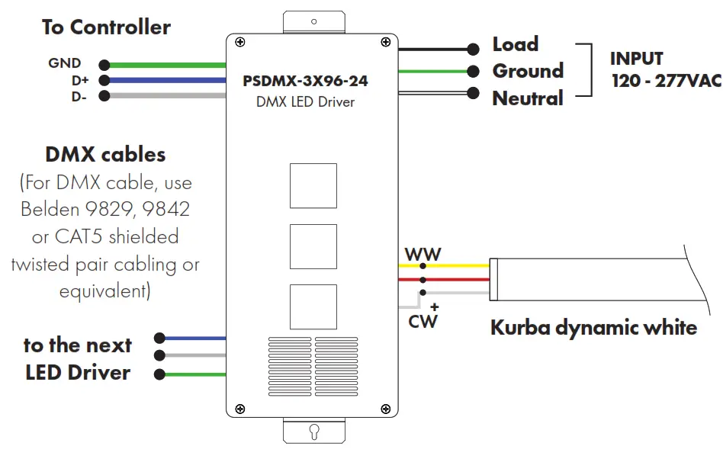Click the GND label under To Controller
point(64,64)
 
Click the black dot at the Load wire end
point(474,50)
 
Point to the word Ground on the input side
point(527,71)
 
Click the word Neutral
point(527,98)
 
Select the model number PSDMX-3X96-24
point(310,80)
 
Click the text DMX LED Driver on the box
point(305,101)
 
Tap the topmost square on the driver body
point(313,185)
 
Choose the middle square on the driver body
point(313,246)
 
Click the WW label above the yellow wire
point(423,255)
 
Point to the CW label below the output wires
point(423,321)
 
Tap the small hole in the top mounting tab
point(313,22)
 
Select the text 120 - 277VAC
point(666,81)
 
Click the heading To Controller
point(106,27)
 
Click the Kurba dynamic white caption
point(593,328)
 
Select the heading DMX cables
point(105,155)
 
